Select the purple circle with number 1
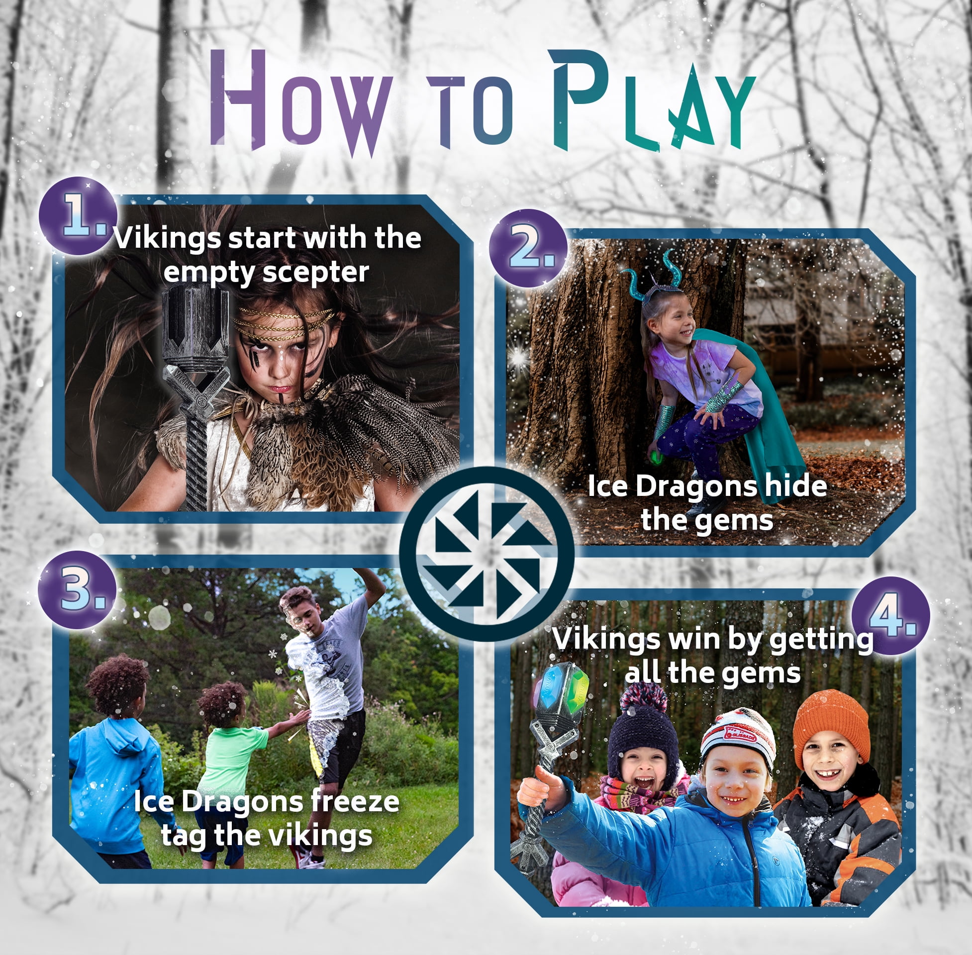click(x=78, y=216)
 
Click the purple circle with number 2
click(x=528, y=248)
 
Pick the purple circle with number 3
click(x=78, y=589)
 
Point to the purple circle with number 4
click(x=890, y=615)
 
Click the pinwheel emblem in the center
click(x=486, y=554)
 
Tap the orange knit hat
click(x=831, y=722)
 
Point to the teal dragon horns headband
click(x=652, y=281)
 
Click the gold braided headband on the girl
click(x=284, y=321)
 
